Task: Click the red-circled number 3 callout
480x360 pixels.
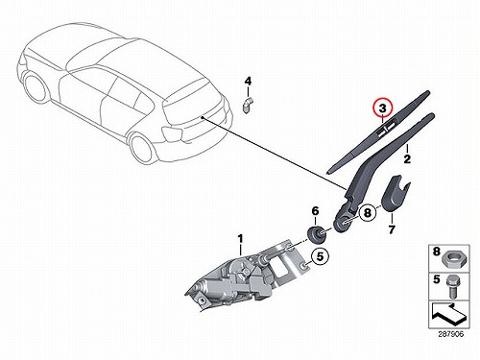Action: [382, 108]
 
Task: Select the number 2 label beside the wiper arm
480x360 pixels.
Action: [407, 158]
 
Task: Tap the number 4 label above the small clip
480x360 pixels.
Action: [248, 81]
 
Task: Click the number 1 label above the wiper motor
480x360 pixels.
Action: [240, 239]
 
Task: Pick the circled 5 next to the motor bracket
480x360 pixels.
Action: [321, 255]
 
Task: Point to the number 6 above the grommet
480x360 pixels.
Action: [315, 211]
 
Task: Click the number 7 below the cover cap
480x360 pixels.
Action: [392, 229]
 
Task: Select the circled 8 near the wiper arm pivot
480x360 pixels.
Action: [368, 212]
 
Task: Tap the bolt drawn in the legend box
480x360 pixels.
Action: [451, 286]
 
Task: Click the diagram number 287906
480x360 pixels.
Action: [450, 334]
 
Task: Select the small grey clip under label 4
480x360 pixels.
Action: [247, 105]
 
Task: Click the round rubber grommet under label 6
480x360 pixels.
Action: [316, 233]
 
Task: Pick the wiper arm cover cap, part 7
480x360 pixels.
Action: [394, 194]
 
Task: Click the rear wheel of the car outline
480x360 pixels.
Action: [141, 147]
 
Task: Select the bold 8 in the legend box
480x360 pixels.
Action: [437, 252]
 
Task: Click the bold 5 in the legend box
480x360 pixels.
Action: [437, 279]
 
